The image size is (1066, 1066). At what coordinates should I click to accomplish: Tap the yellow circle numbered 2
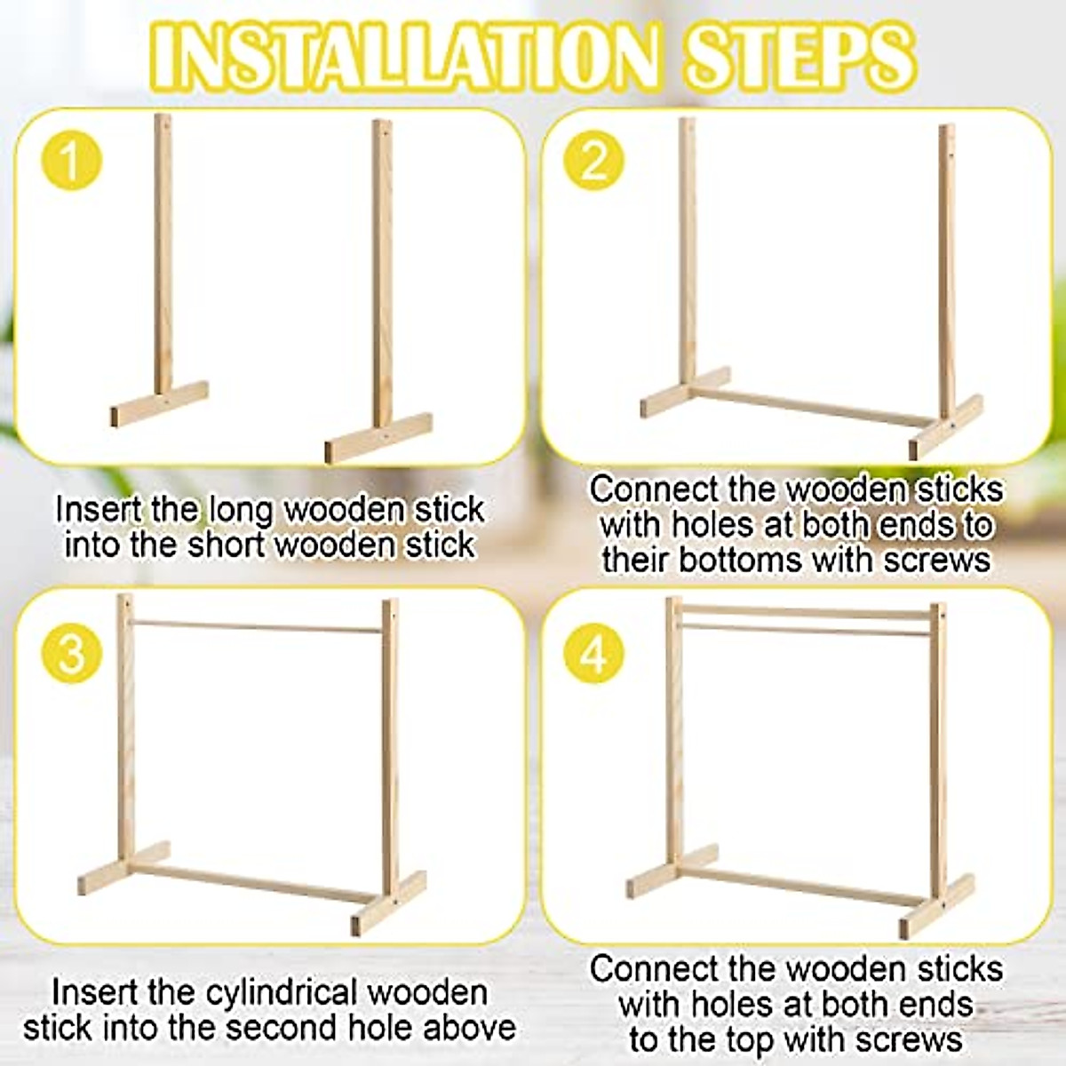coord(594,160)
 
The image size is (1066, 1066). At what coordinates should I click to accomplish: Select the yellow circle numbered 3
coord(71,653)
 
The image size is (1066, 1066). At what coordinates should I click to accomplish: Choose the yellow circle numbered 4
coord(594,655)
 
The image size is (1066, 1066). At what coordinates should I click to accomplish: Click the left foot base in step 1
coord(160,404)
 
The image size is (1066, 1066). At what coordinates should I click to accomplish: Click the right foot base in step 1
coord(378,437)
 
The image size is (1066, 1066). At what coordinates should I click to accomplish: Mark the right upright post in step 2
coord(947,266)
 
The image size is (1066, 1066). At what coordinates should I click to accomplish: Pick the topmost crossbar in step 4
coord(804,611)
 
